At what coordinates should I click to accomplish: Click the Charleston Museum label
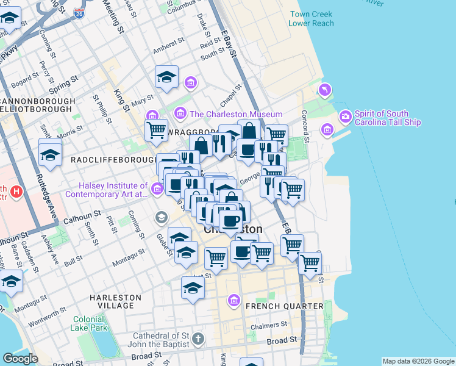[236, 114]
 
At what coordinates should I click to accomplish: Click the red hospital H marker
[16, 193]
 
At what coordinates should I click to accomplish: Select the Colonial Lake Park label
[89, 323]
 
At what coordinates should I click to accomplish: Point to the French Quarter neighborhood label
[284, 306]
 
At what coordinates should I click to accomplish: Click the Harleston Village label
[115, 301]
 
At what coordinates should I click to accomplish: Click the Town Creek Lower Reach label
[312, 18]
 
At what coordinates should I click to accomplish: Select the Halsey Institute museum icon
[158, 190]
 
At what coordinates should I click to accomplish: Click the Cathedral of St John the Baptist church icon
[198, 338]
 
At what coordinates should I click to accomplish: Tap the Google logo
[21, 359]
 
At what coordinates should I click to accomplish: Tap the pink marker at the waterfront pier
[325, 91]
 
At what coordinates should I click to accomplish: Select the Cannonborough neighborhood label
[38, 101]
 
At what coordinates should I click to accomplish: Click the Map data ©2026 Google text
[418, 361]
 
